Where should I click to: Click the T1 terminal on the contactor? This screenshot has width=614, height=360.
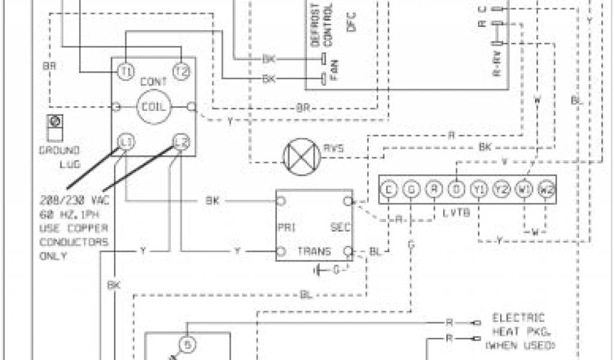point(126,71)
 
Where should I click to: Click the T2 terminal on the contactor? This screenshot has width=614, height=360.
point(181,71)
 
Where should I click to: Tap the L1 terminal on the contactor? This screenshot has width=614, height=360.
point(126,142)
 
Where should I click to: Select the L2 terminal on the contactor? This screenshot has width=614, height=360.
point(181,142)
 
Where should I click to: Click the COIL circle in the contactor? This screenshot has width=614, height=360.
point(154,107)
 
